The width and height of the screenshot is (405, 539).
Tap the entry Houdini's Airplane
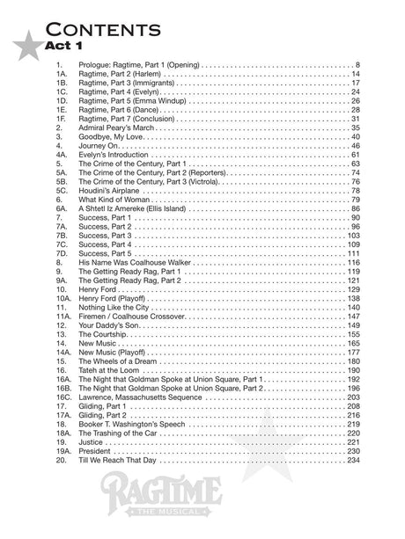pos(110,190)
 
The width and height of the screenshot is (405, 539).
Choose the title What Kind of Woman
pos(114,199)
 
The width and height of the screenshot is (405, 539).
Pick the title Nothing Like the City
pos(115,308)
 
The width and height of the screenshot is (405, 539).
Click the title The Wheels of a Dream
pos(121,361)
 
